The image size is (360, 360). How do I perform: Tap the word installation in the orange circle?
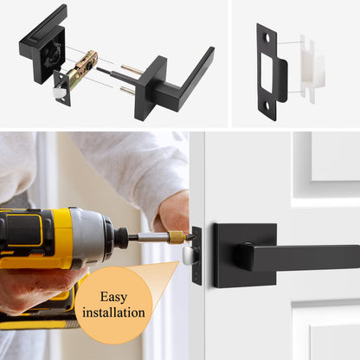click(113, 312)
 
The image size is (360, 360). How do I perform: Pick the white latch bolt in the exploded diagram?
click(61, 88)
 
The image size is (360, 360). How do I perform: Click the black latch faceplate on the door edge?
click(196, 255)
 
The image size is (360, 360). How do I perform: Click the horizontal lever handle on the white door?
click(303, 257)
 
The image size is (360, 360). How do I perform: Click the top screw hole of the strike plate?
click(267, 37)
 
